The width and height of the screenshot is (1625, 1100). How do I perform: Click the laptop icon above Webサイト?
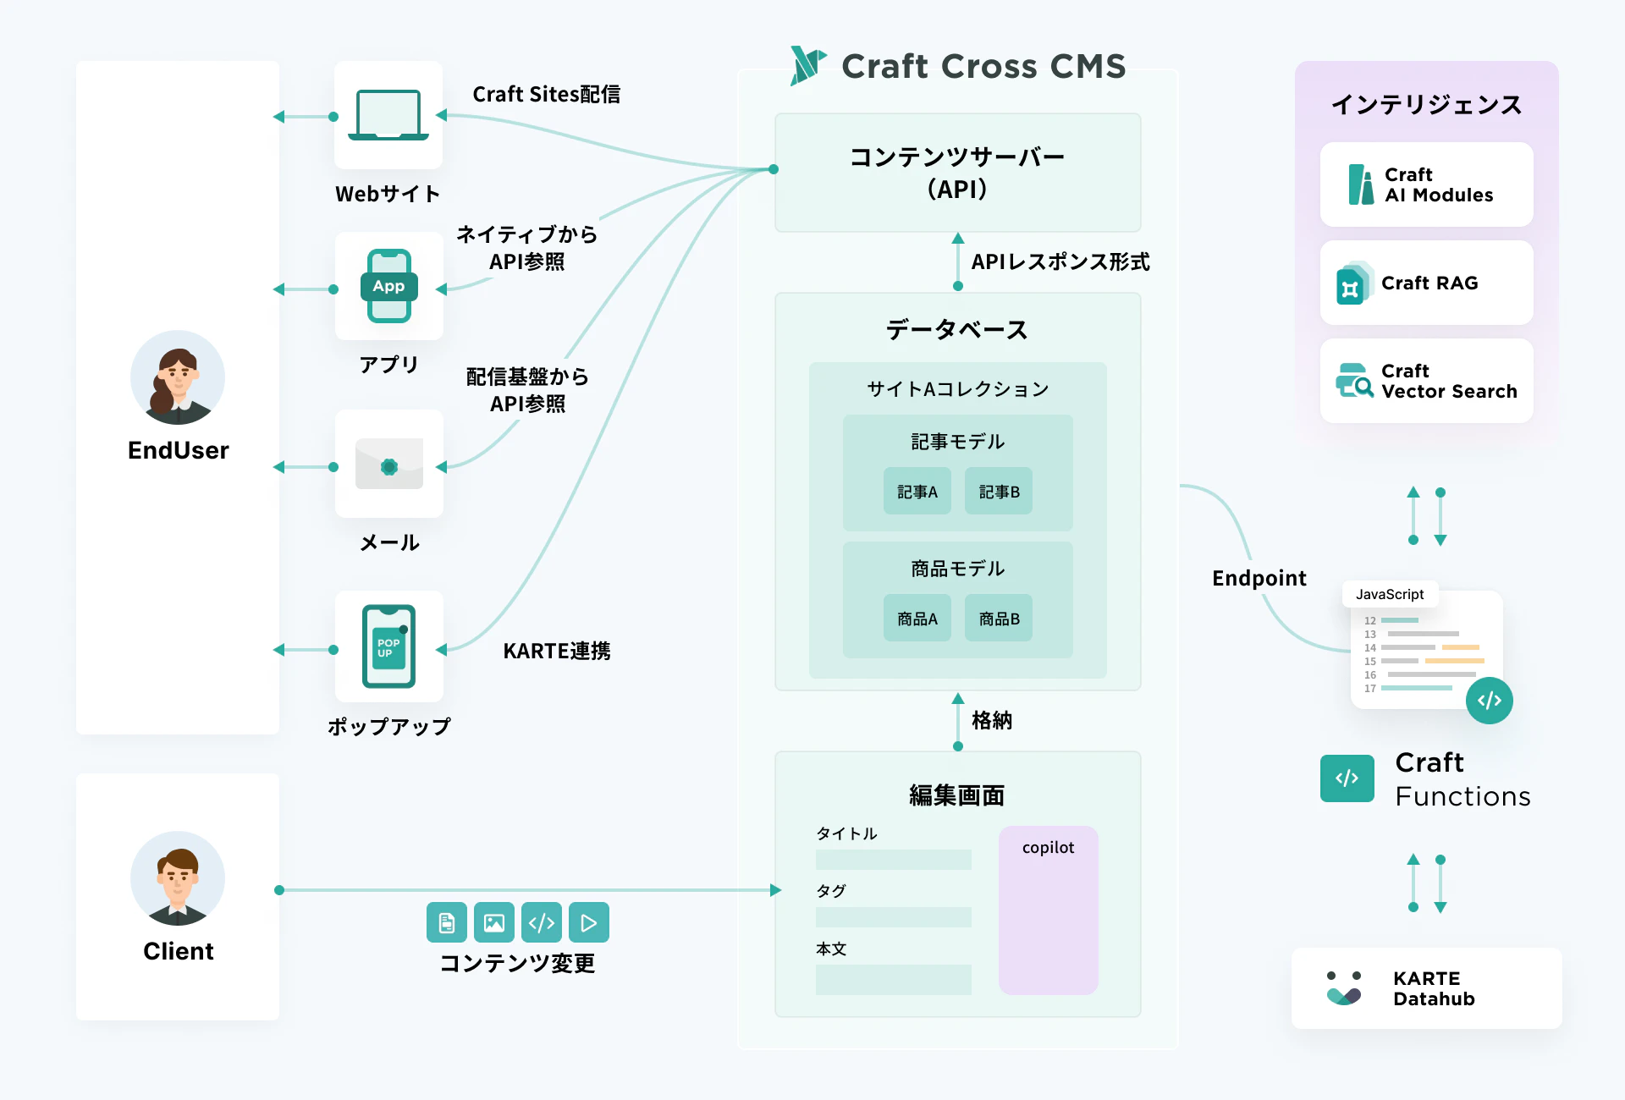[388, 115]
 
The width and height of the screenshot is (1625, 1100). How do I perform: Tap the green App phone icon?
[388, 286]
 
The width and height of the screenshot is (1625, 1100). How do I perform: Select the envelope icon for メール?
[388, 464]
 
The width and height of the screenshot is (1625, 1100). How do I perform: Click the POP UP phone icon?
[388, 646]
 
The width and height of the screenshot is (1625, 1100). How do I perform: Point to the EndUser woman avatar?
[178, 377]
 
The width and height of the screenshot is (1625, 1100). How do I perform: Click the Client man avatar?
[178, 878]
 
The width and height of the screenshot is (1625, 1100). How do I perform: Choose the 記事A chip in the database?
[917, 492]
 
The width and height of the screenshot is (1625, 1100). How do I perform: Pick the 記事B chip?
[999, 492]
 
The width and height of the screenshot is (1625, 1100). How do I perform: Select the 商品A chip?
[917, 619]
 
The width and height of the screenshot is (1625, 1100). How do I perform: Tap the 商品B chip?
[999, 619]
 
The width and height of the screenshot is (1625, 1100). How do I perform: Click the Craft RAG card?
[1426, 283]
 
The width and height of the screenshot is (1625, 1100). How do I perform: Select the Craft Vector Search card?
[1426, 381]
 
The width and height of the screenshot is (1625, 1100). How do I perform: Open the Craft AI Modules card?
[1426, 184]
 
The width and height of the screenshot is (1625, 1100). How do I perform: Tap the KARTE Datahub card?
[1426, 988]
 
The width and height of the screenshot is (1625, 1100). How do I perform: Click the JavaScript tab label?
[1390, 594]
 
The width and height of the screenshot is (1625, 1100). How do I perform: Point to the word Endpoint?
[1259, 578]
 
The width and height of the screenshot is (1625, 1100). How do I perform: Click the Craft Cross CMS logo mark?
[807, 65]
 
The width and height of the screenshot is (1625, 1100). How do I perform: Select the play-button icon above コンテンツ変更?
[589, 922]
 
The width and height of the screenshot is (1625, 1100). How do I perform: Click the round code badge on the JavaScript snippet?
[1490, 701]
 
